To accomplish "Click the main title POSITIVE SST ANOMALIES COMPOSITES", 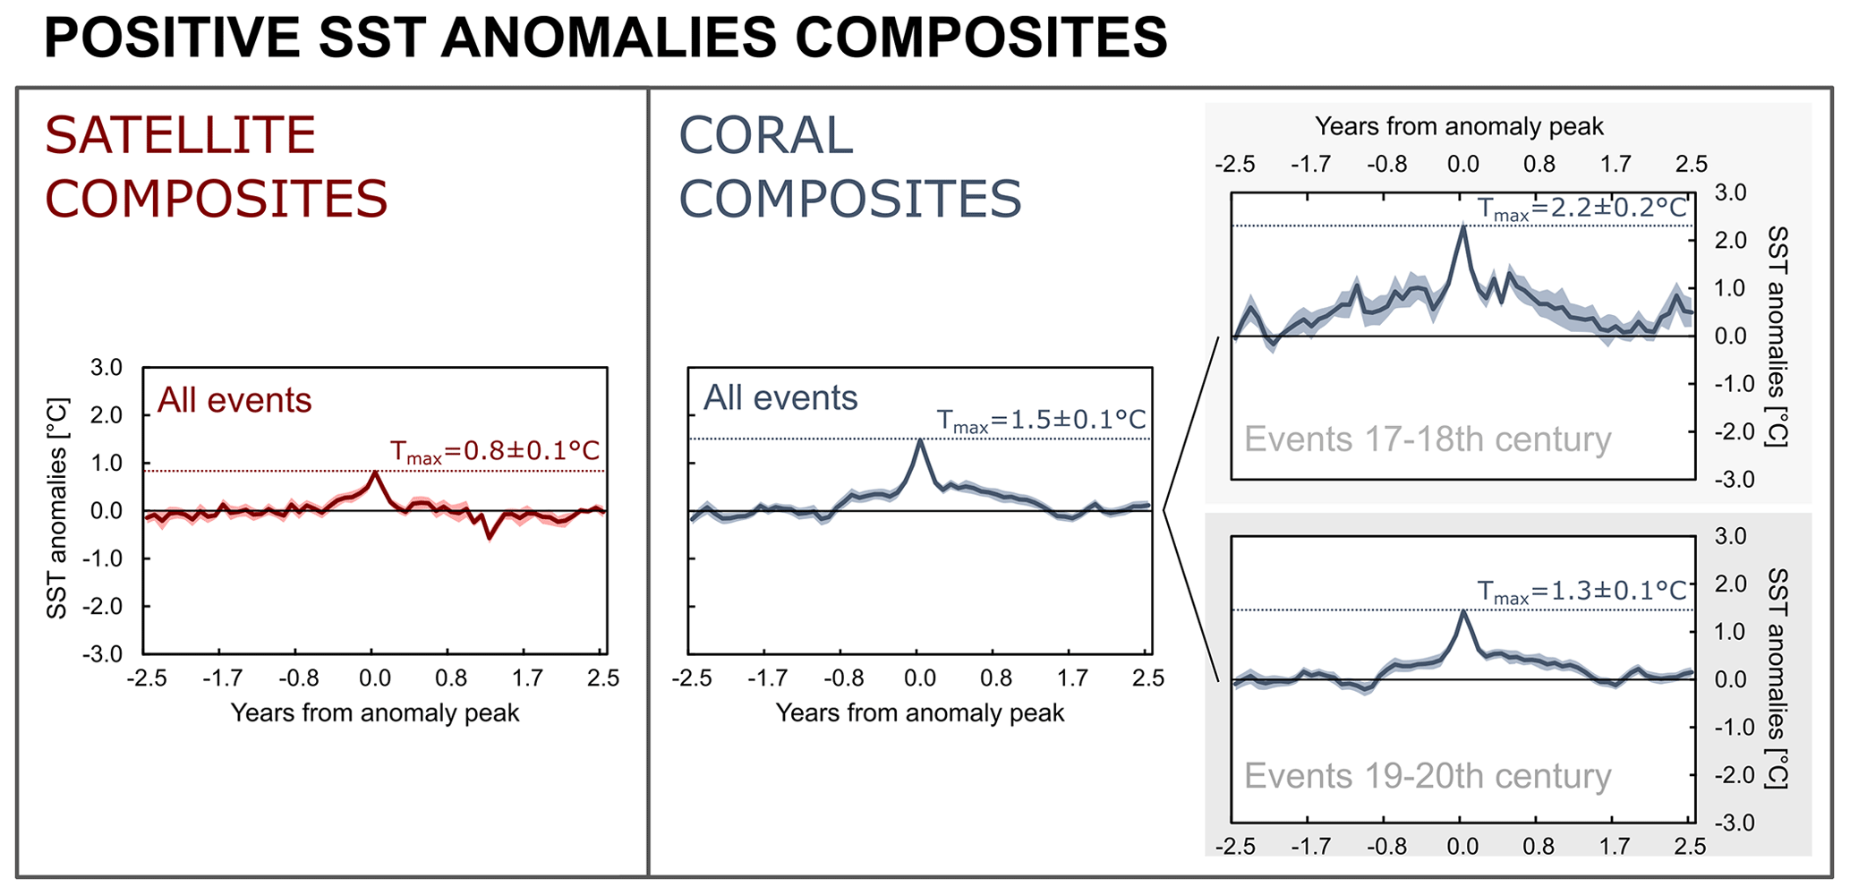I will click(x=605, y=38).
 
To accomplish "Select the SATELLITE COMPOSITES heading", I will click(x=215, y=166).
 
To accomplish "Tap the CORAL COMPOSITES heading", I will click(x=849, y=166).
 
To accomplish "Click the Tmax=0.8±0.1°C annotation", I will click(x=495, y=451).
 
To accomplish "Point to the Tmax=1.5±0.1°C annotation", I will click(x=1041, y=420).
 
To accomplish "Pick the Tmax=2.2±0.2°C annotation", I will click(x=1581, y=209).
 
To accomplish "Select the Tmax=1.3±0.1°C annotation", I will click(x=1581, y=591).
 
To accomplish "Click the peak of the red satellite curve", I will click(x=375, y=472).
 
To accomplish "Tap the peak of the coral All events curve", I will click(x=919, y=439).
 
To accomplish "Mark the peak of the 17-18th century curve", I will click(x=1463, y=226).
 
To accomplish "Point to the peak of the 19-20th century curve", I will click(x=1463, y=611).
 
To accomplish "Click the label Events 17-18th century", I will click(x=1428, y=439).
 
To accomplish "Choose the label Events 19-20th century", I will click(x=1428, y=776).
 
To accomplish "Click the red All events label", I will click(x=234, y=400).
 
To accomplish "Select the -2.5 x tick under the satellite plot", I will click(x=147, y=678).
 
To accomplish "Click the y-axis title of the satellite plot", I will click(x=57, y=508).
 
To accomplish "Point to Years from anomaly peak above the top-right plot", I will click(x=1459, y=127).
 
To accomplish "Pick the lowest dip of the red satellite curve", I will click(x=489, y=537).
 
